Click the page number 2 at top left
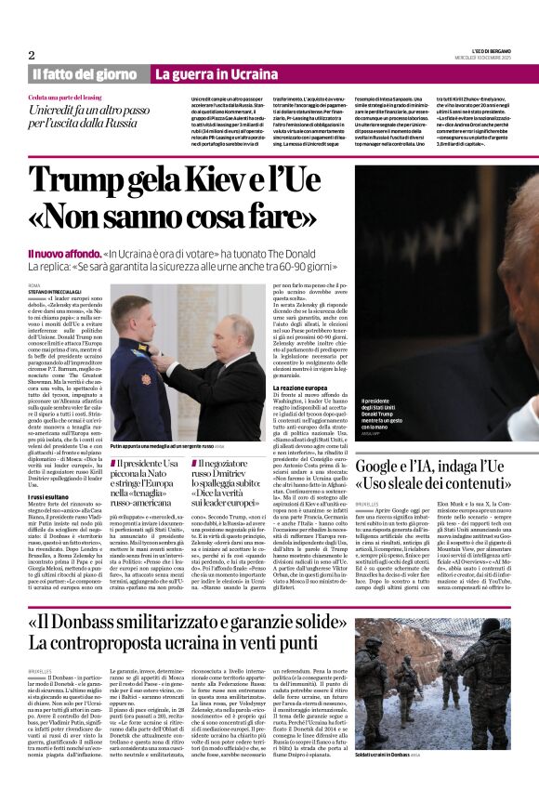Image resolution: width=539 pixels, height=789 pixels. (x=31, y=54)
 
